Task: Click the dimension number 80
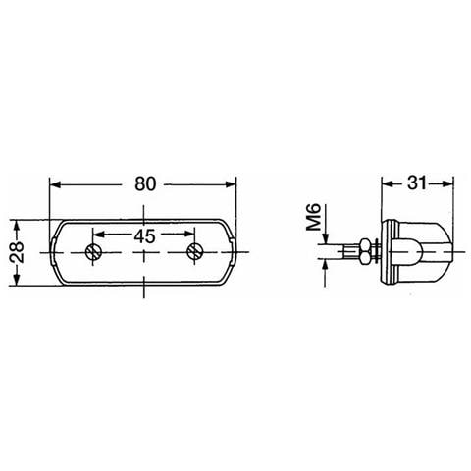pos(146,183)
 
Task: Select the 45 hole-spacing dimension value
pos(145,235)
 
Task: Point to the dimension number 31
pos(415,183)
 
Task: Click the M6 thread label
pos(313,217)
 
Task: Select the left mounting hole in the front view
pos(94,252)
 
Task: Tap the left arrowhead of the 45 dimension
pos(100,235)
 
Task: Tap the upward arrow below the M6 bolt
pos(320,266)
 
